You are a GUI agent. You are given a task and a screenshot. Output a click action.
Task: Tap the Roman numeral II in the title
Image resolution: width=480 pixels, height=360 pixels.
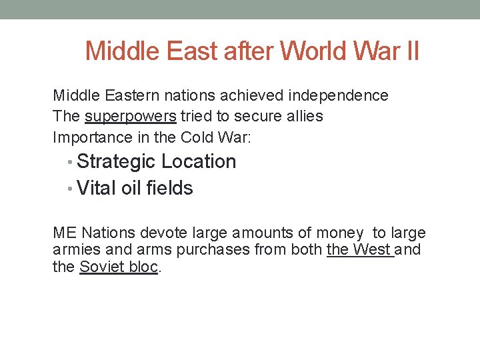tap(411, 51)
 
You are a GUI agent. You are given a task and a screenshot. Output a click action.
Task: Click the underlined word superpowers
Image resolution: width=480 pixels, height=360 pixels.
tap(131, 117)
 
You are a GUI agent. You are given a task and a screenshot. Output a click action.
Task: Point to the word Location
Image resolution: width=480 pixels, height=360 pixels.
tap(199, 162)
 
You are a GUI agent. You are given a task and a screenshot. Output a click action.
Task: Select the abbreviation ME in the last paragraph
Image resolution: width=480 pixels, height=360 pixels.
tap(64, 233)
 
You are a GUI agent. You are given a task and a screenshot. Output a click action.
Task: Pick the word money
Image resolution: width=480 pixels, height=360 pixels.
tap(340, 233)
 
